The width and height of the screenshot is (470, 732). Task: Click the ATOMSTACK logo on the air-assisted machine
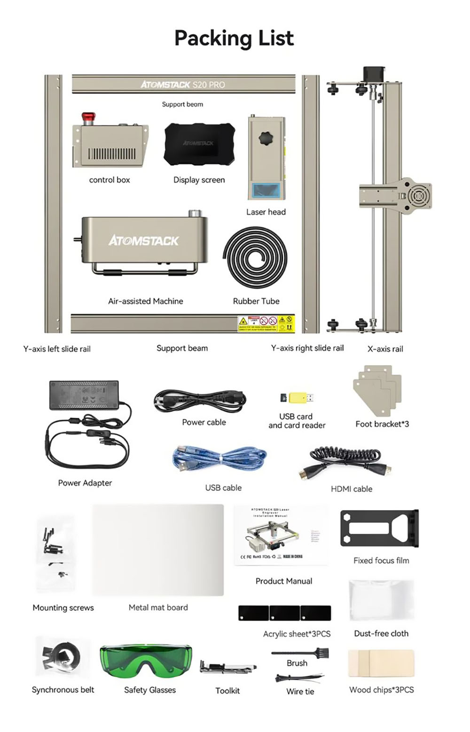coord(143,241)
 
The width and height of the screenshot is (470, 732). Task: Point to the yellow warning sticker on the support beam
coord(266,324)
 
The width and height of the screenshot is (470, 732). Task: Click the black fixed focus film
coord(379,528)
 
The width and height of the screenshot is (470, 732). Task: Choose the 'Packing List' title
coord(234,38)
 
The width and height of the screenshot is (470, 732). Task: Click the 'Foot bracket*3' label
coord(382,424)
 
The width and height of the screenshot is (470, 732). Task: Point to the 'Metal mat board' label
coord(158,607)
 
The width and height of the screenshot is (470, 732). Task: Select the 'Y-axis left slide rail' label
coord(57,349)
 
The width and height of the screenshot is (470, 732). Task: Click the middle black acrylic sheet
coord(284,613)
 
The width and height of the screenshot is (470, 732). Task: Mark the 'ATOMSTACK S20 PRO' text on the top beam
coord(183,85)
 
